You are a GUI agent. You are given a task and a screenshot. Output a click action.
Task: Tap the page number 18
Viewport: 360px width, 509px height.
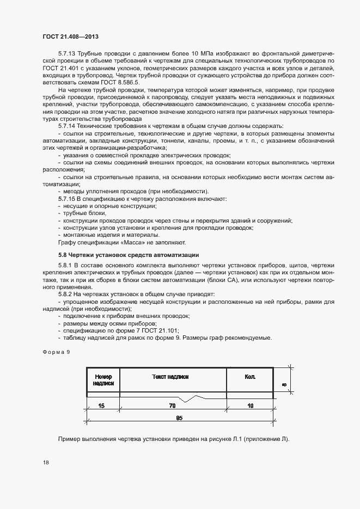[45, 463]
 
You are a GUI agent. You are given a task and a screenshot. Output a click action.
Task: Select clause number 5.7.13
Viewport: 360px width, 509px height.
[68, 53]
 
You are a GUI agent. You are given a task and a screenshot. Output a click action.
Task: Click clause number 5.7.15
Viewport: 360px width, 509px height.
[68, 199]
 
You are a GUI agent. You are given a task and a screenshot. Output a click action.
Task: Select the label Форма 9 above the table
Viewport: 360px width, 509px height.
[57, 352]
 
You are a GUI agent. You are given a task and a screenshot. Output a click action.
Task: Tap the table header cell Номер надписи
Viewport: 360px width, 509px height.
[103, 379]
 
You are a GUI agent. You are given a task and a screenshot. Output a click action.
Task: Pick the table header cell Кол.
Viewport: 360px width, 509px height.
[250, 377]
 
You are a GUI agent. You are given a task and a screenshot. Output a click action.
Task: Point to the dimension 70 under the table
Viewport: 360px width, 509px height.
[172, 406]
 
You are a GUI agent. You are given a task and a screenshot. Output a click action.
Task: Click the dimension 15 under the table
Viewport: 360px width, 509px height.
[102, 406]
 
